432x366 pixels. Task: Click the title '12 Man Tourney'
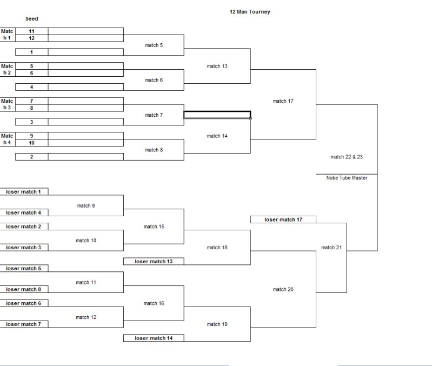click(x=249, y=12)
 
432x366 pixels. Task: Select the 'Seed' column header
click(x=31, y=19)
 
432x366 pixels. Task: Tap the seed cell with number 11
click(x=31, y=31)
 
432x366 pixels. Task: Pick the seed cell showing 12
click(x=31, y=38)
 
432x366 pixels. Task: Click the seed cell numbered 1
click(x=31, y=52)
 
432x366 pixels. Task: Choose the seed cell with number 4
click(x=31, y=87)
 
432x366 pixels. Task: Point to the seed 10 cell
click(x=31, y=143)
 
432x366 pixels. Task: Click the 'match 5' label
click(x=154, y=45)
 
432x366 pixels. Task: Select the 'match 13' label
click(x=217, y=66)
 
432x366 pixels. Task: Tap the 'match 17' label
click(x=283, y=101)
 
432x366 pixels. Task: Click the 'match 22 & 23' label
click(x=346, y=157)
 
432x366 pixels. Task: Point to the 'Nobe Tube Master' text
click(x=346, y=178)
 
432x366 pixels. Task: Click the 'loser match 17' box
click(x=283, y=219)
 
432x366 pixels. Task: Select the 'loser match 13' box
click(x=154, y=262)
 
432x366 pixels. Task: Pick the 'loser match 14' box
click(x=154, y=338)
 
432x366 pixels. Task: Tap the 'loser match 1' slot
click(x=24, y=192)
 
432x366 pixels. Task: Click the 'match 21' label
click(x=331, y=248)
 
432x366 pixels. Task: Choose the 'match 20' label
click(x=283, y=290)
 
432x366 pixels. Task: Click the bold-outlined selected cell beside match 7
click(x=217, y=115)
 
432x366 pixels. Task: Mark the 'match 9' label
click(x=86, y=205)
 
